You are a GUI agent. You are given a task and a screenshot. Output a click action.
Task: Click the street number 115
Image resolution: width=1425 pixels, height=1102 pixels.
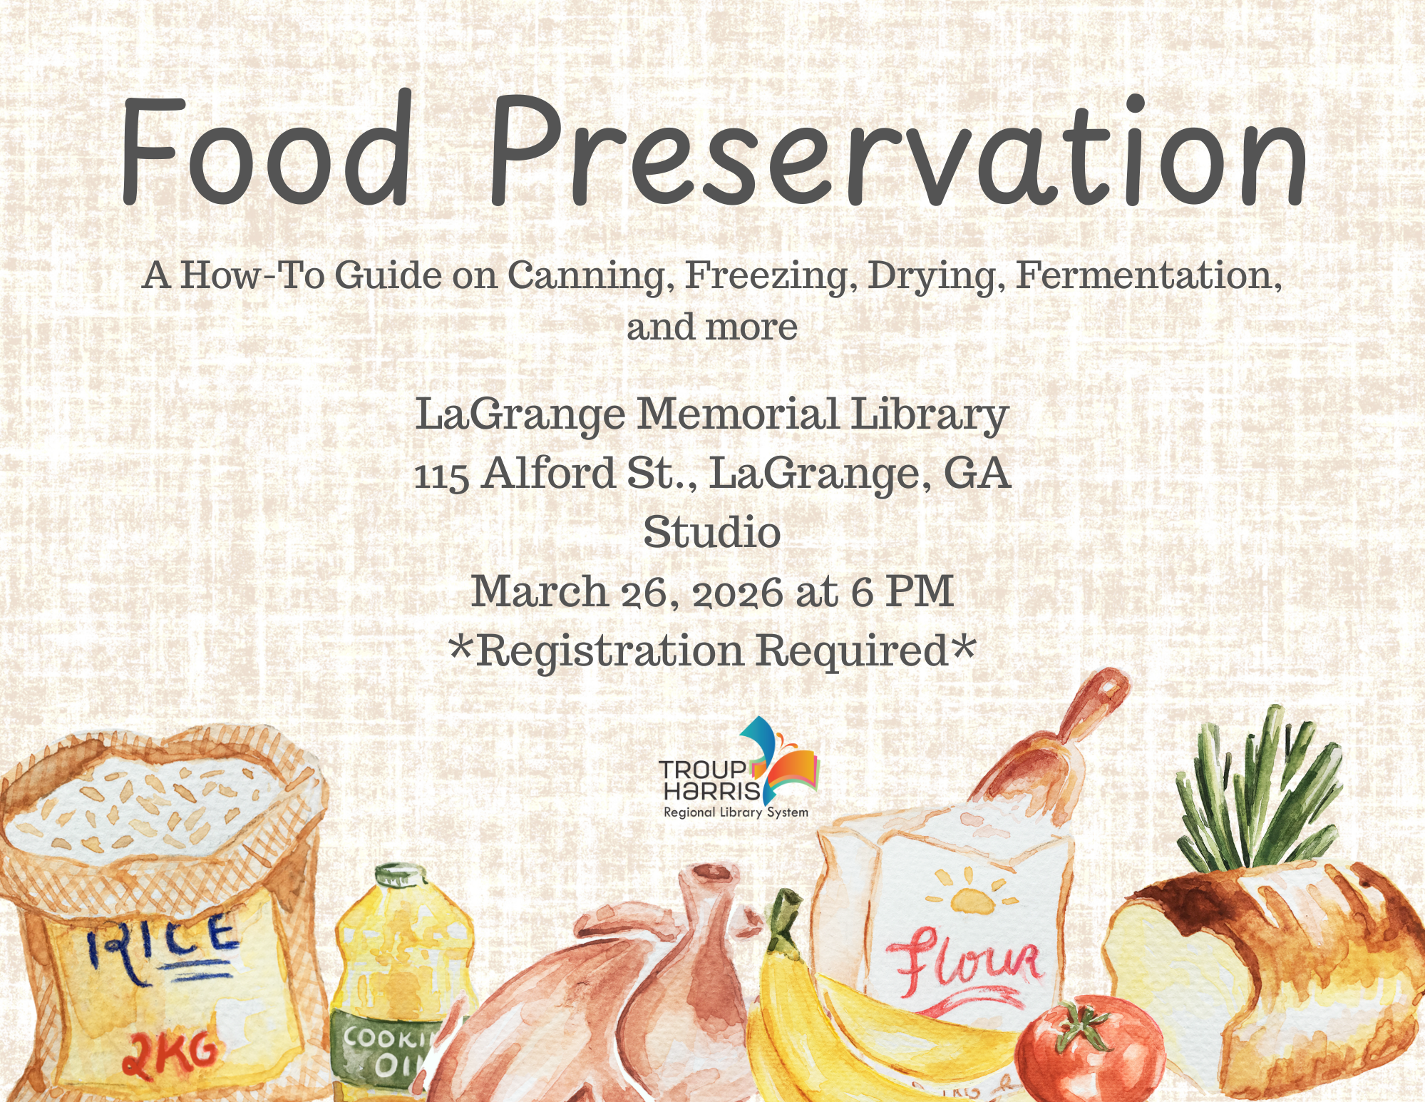[441, 475]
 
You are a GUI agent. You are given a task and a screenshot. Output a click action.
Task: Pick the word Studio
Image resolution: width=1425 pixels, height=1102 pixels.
[712, 533]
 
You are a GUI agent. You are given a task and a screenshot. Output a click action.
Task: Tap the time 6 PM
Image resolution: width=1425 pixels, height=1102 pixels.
[902, 591]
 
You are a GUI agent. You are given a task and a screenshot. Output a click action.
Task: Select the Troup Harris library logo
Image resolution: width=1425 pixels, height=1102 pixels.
[739, 768]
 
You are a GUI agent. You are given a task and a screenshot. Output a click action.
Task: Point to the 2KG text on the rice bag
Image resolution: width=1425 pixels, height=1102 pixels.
[169, 1052]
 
